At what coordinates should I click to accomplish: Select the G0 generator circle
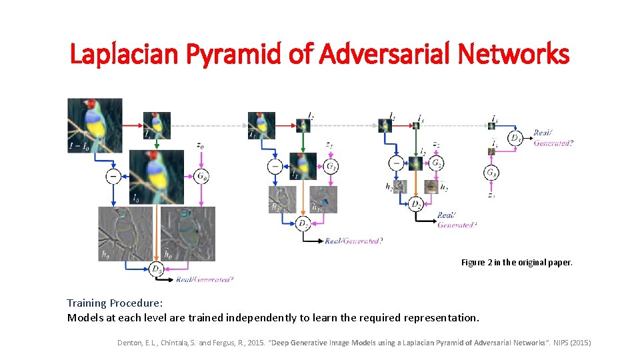coord(201,177)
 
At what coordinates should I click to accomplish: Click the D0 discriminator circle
coord(157,269)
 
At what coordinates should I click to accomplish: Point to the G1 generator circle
coord(331,167)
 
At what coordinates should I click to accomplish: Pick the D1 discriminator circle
coord(303,224)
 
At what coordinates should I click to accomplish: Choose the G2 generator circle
coord(436,163)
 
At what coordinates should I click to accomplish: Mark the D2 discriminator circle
coord(417,203)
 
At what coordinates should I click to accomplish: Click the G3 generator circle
coord(491,173)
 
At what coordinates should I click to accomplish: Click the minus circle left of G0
coord(113,177)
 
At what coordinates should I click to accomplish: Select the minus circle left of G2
coord(396,163)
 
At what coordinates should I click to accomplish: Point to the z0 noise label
coord(201,145)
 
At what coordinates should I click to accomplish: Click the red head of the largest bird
coord(90,105)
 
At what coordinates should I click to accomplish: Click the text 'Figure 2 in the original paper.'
coord(517,263)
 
